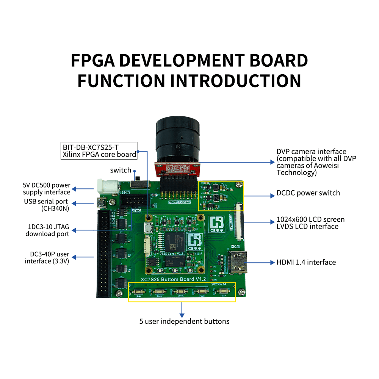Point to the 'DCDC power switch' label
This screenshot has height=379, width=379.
click(x=308, y=193)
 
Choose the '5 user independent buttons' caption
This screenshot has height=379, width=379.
click(x=184, y=321)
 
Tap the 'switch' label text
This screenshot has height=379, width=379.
click(x=121, y=170)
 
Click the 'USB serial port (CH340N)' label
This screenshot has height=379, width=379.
click(x=46, y=205)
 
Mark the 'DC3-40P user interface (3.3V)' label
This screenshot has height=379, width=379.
click(x=47, y=257)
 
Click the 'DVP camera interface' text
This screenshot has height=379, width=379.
click(x=311, y=152)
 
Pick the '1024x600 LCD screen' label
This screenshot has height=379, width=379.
click(x=310, y=219)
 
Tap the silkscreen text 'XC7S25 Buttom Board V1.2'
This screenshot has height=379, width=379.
click(x=173, y=279)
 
